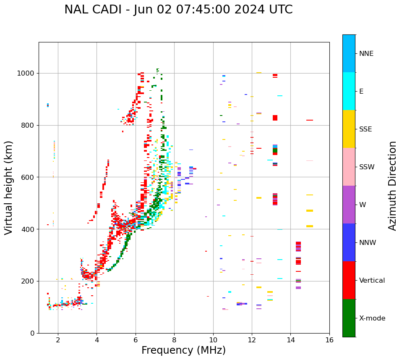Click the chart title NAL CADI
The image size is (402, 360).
click(x=178, y=10)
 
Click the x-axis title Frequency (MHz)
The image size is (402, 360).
click(x=183, y=350)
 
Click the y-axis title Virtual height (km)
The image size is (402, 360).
click(x=9, y=188)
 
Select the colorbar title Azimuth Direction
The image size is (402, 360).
click(x=392, y=186)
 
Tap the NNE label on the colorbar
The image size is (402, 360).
click(x=366, y=54)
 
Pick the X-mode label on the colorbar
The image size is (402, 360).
click(x=372, y=318)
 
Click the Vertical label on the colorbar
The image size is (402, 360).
click(x=372, y=281)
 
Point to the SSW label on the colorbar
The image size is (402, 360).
click(x=367, y=167)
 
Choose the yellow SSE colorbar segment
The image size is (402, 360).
click(x=349, y=129)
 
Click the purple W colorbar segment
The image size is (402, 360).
click(x=349, y=205)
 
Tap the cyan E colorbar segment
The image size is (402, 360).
click(x=349, y=91)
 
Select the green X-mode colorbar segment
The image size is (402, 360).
click(x=349, y=318)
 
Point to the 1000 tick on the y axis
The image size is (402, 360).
click(x=27, y=74)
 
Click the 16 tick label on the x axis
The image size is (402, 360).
click(x=329, y=340)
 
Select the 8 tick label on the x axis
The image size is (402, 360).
click(x=174, y=340)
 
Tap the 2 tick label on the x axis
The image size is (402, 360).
click(x=58, y=340)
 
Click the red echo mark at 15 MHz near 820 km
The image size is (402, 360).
click(x=310, y=120)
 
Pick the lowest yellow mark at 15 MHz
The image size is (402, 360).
click(x=310, y=226)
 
